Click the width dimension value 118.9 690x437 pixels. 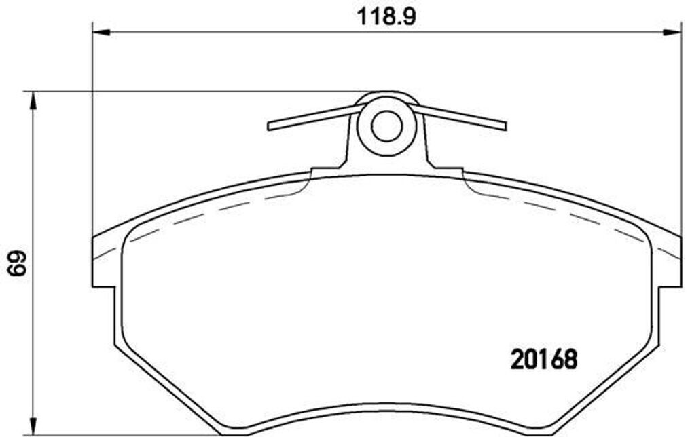pyautogui.click(x=386, y=17)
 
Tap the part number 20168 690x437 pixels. pyautogui.click(x=543, y=359)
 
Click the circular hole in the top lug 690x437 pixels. pyautogui.click(x=386, y=126)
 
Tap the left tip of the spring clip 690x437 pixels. pyautogui.click(x=270, y=126)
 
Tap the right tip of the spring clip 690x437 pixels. pyautogui.click(x=504, y=126)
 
